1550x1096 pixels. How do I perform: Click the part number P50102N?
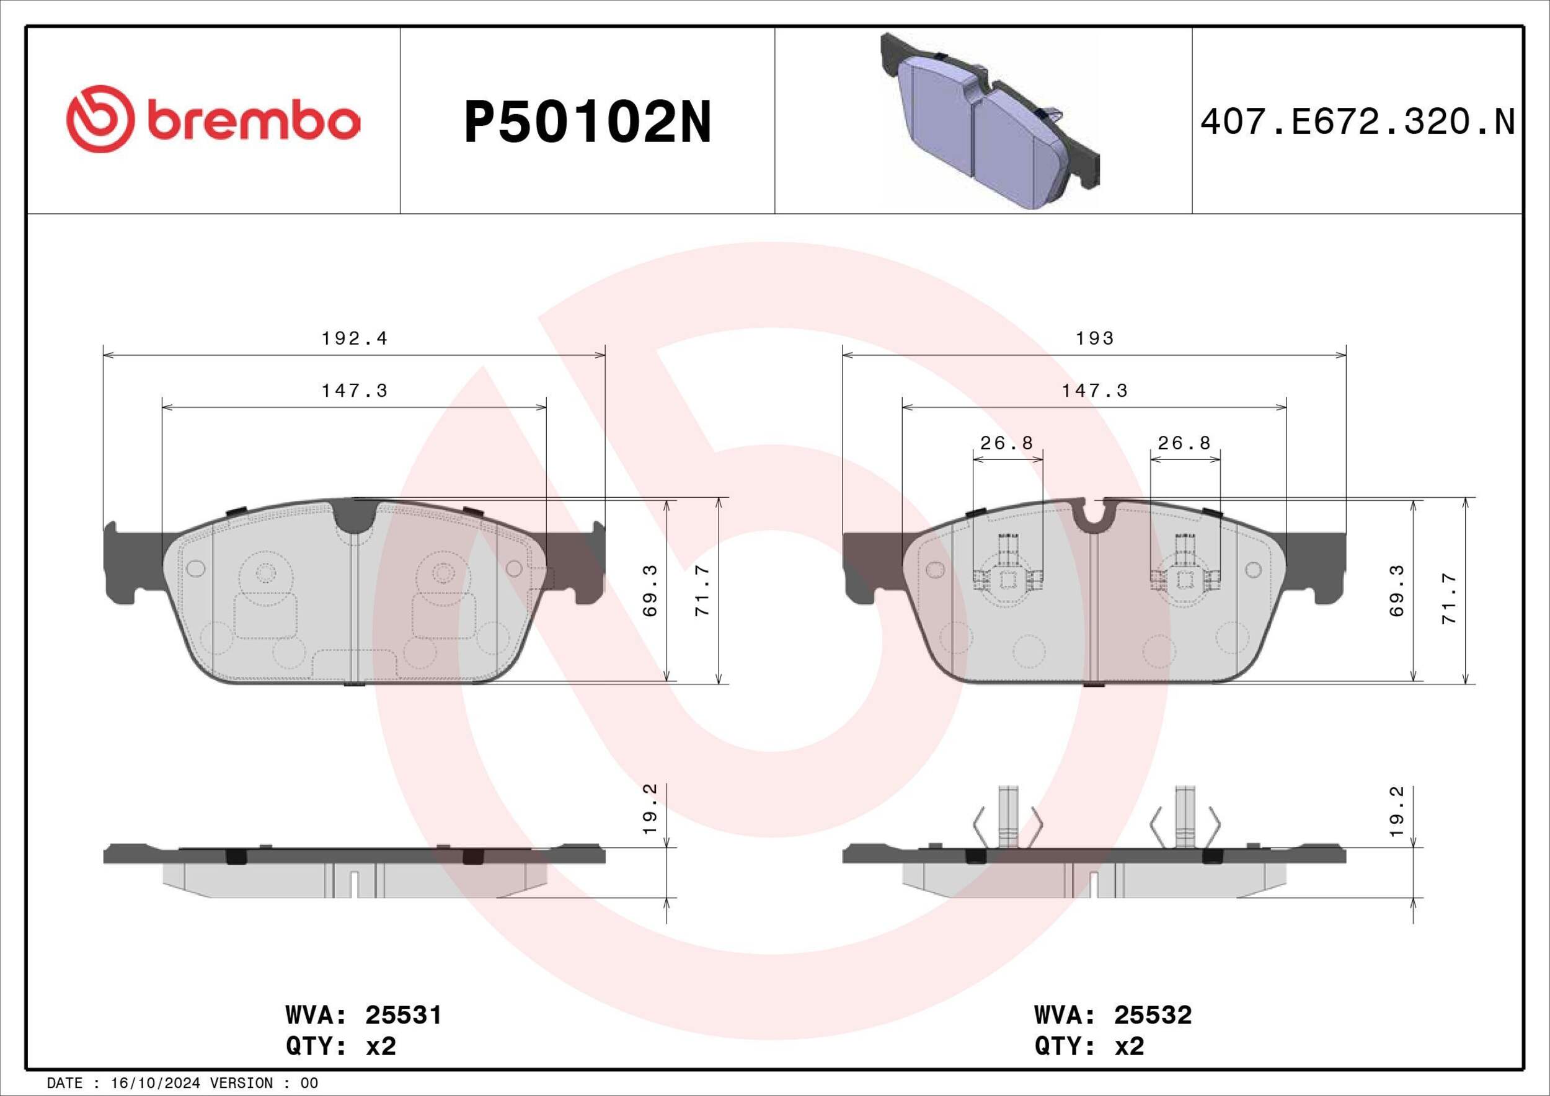[x=587, y=123]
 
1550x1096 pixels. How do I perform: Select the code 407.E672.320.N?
[x=1358, y=123]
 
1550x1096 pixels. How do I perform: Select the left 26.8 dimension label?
[x=1006, y=443]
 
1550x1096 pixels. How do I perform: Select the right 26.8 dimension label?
[x=1184, y=443]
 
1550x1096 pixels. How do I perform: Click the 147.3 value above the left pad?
[x=355, y=391]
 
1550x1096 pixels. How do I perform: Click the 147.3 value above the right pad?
[x=1094, y=391]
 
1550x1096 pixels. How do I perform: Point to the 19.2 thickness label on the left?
[x=650, y=819]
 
